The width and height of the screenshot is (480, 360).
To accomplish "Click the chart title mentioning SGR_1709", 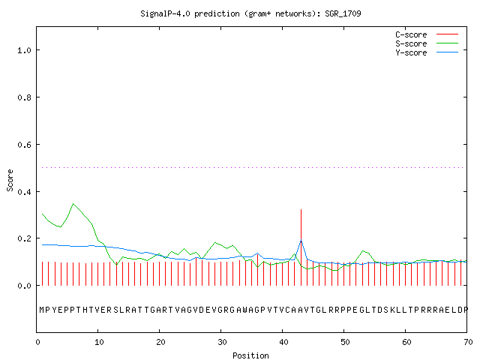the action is tap(250, 13).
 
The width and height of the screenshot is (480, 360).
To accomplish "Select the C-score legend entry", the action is tap(427, 34).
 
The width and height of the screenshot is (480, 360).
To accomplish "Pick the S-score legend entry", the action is tap(427, 43).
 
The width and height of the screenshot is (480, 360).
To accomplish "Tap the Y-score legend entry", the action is tap(427, 52).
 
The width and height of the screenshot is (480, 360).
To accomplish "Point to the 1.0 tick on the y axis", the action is tap(24, 50).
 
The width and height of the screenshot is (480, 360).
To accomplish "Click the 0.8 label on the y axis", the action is tap(24, 97).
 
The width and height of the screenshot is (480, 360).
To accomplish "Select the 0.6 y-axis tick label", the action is tap(24, 145).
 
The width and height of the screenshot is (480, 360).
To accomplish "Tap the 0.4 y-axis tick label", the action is tap(24, 192).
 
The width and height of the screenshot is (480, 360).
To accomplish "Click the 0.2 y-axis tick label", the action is tap(24, 238).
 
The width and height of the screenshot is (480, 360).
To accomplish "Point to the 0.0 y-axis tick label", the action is tap(24, 286).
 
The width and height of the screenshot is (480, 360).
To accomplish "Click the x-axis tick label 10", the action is tap(99, 342).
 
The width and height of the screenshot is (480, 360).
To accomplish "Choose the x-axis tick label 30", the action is tap(222, 342).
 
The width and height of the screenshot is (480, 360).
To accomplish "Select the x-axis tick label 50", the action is tap(345, 342).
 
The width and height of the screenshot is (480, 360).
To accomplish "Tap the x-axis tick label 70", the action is tap(468, 342).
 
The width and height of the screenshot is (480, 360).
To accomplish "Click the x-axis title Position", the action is tap(250, 355).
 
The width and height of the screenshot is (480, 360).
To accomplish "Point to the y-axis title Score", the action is tap(10, 180).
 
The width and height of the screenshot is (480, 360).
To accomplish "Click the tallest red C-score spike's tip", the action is tap(301, 209).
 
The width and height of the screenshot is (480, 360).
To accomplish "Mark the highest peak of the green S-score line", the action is tap(73, 203).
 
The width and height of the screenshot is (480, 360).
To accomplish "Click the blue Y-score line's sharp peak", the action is tap(301, 240).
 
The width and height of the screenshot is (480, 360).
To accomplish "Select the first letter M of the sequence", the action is tap(42, 310).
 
